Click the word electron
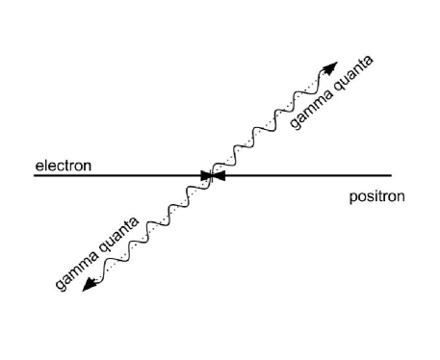(64, 166)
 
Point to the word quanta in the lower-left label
(119, 233)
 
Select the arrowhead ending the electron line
(205, 175)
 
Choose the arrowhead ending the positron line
(219, 175)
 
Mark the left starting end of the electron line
(35, 175)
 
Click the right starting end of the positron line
(392, 175)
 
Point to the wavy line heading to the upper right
(270, 120)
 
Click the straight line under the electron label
(116, 175)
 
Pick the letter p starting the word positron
(353, 198)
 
